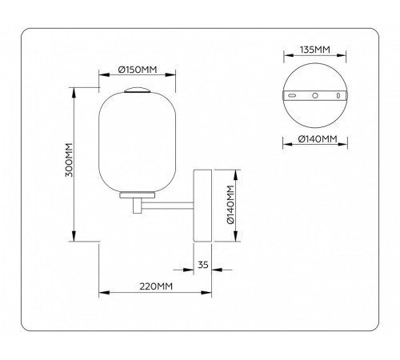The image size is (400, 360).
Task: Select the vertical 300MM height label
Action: click(x=69, y=162)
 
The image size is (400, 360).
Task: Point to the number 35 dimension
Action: click(x=202, y=264)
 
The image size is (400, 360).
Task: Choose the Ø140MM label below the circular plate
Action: click(x=317, y=141)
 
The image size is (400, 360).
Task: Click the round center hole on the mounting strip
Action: click(x=317, y=95)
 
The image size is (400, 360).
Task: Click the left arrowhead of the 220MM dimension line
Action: click(x=101, y=292)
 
